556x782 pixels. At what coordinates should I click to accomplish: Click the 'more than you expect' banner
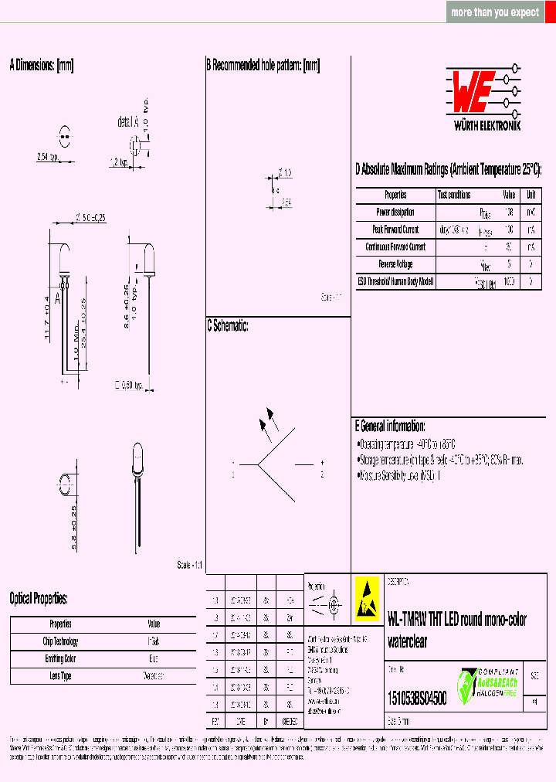(495, 12)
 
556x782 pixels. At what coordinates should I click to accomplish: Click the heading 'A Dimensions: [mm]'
(41, 65)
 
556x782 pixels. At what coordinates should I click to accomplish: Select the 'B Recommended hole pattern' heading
(263, 65)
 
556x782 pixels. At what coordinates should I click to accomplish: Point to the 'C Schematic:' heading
(227, 326)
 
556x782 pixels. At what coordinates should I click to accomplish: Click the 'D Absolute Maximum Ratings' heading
(447, 169)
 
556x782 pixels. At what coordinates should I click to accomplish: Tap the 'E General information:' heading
(389, 426)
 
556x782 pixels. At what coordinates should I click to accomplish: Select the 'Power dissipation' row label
(395, 212)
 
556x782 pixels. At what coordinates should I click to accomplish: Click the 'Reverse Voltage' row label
(395, 264)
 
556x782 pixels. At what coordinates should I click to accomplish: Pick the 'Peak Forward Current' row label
(395, 229)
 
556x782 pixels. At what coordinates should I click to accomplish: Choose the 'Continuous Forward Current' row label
(395, 247)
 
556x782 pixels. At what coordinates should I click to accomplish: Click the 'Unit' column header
(531, 195)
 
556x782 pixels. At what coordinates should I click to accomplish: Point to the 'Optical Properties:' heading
(39, 599)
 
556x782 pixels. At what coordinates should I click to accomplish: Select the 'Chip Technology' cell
(60, 641)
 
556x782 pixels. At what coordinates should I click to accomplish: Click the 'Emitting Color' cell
(60, 658)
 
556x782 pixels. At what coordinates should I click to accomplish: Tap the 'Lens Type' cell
(60, 676)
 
